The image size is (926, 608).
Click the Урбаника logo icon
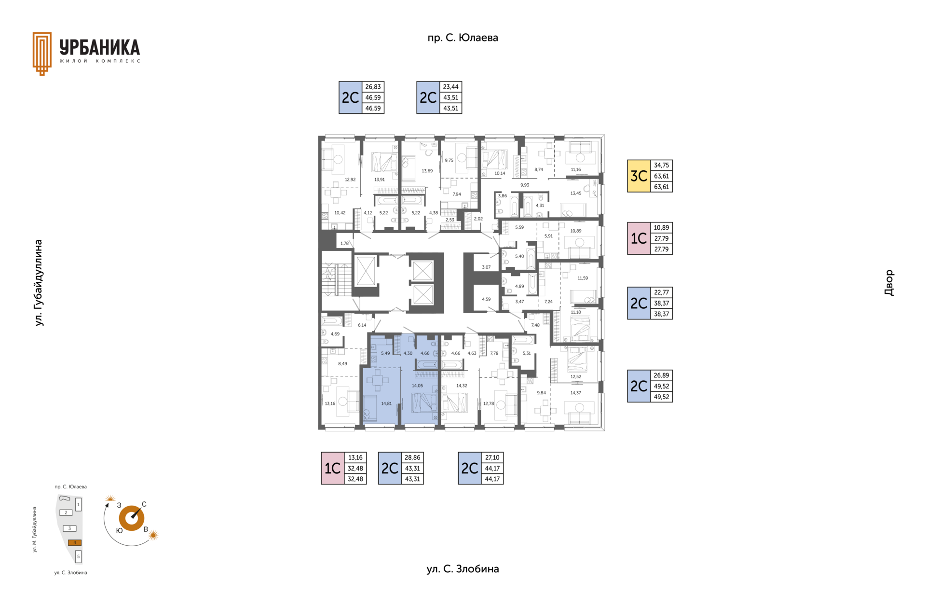(42, 54)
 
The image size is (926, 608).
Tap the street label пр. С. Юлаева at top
(463, 38)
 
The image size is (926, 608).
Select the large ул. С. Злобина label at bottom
(463, 569)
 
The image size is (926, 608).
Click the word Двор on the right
(889, 283)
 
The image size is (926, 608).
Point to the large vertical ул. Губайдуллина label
(39, 283)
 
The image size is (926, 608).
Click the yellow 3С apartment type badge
(639, 176)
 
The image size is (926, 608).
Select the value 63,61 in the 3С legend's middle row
(662, 176)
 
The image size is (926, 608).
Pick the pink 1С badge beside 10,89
(639, 238)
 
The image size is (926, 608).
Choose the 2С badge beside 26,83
(351, 97)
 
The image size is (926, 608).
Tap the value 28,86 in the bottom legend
(412, 457)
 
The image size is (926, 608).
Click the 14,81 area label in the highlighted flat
(386, 403)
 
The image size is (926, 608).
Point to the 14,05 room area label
(417, 386)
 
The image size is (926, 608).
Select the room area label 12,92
(350, 180)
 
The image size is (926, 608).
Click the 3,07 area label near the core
(486, 267)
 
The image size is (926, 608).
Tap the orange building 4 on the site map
(75, 542)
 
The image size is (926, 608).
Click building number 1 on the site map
(78, 505)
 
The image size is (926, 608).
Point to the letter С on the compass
(144, 504)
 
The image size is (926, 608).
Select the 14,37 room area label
(576, 393)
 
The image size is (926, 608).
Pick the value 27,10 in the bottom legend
(492, 457)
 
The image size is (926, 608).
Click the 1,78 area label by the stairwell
(344, 243)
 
